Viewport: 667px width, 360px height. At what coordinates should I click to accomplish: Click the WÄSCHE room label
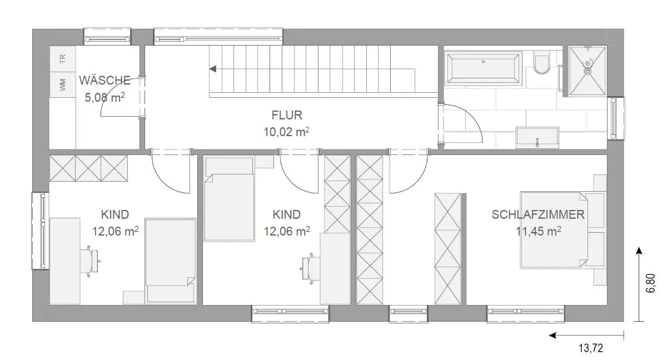tap(105, 81)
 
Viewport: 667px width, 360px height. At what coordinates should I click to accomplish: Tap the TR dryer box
tap(62, 59)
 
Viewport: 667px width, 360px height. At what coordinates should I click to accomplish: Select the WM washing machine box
tap(62, 85)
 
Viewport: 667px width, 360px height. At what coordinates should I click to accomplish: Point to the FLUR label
tap(287, 115)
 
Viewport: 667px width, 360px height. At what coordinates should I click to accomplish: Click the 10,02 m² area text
tap(286, 132)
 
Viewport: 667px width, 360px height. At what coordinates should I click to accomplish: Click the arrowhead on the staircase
tap(213, 69)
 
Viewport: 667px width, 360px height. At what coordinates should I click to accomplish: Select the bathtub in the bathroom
tap(483, 68)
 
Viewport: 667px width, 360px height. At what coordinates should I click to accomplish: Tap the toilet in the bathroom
tap(542, 62)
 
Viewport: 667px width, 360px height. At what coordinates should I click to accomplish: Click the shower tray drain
tap(588, 71)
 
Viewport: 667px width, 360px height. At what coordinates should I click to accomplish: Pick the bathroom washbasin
tap(537, 137)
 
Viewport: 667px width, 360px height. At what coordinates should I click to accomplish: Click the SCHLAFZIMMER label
tap(538, 215)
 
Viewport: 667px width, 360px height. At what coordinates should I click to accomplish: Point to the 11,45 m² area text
tap(539, 231)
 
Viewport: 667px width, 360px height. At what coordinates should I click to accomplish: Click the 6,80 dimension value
tap(651, 283)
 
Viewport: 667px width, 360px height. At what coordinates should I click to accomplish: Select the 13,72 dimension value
tap(591, 348)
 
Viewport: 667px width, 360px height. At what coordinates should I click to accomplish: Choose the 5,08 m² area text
tap(105, 97)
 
